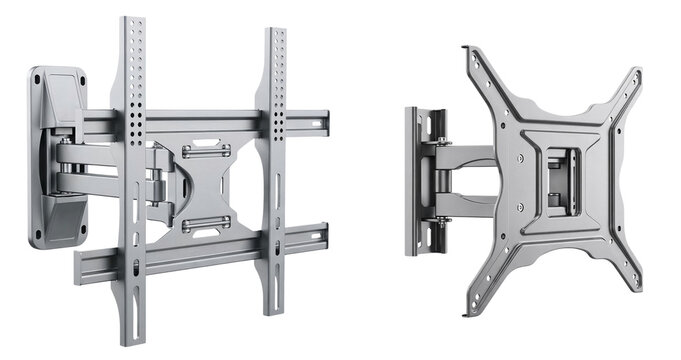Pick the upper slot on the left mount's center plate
tap(207, 152)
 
